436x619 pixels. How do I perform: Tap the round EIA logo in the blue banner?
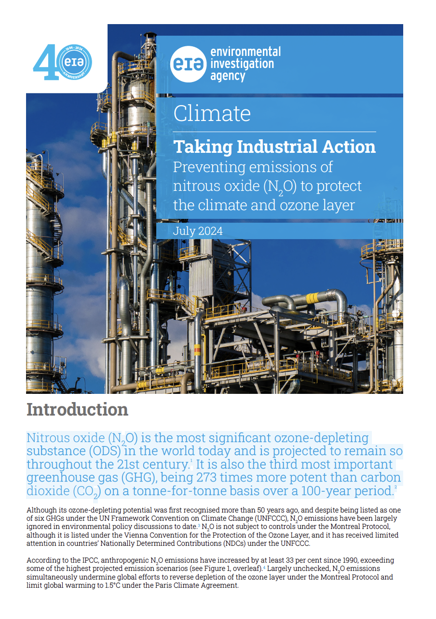[188, 63]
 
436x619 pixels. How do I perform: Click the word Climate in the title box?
[212, 113]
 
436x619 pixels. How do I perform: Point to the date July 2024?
[198, 231]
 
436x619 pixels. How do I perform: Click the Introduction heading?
[77, 409]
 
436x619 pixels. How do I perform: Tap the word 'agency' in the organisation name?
[228, 75]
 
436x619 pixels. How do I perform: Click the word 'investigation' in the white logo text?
[242, 63]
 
